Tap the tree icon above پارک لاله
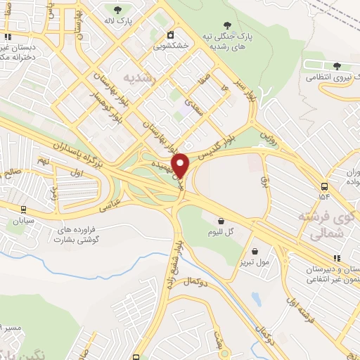click(117, 9)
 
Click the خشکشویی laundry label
click(170, 47)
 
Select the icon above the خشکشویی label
click(170, 35)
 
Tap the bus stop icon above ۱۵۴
click(323, 186)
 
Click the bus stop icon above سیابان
click(23, 209)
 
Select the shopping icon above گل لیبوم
click(221, 220)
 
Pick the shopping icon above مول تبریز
click(254, 251)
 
